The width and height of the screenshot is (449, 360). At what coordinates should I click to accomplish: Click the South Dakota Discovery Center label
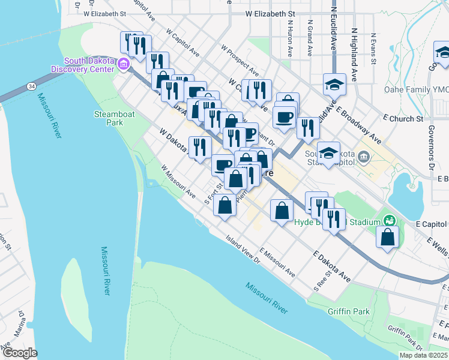pos(89,65)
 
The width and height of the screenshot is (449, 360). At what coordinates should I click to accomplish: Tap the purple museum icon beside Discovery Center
pos(124,63)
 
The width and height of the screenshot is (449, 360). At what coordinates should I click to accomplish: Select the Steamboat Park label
pos(108,118)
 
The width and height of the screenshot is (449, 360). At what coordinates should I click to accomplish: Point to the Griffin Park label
pos(349,311)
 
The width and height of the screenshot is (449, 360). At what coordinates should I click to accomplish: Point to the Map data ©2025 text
pos(423,355)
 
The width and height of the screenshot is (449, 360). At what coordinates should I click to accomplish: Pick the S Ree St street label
pos(322,281)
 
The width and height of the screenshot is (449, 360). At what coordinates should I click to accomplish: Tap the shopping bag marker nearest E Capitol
pos(388,236)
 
